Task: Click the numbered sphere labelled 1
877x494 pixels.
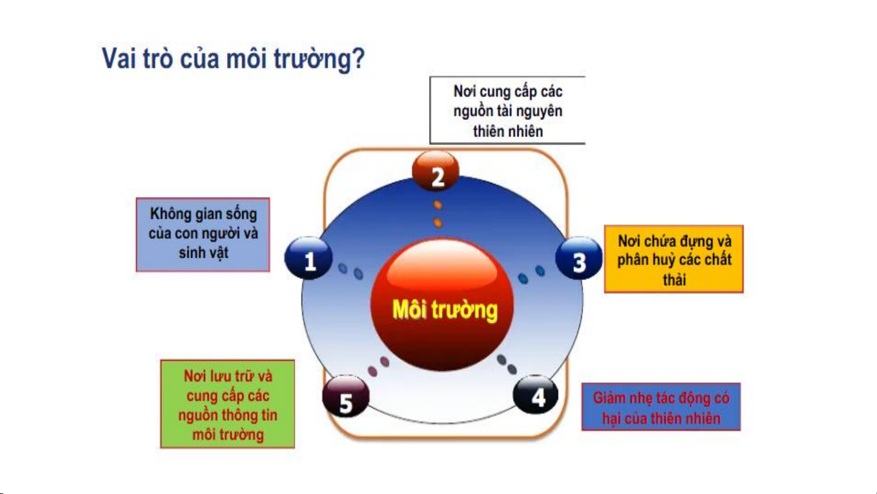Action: point(309,258)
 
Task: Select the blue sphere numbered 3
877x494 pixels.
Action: point(579,258)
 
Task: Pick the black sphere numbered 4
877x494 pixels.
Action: point(536,395)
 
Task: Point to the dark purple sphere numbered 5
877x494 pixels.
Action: point(346,397)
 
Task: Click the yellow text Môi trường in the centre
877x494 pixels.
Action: point(445,310)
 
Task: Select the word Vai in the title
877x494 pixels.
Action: point(119,58)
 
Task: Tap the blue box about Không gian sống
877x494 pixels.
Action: point(203,235)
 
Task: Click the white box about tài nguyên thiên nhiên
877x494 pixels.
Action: point(508,110)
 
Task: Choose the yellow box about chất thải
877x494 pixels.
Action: point(674,259)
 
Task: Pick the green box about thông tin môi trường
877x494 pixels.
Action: point(228,404)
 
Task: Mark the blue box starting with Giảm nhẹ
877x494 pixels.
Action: point(661,407)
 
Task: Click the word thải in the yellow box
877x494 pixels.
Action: point(674,280)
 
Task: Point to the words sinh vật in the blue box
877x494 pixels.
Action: point(204,253)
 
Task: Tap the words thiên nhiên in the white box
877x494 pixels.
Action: point(508,131)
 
